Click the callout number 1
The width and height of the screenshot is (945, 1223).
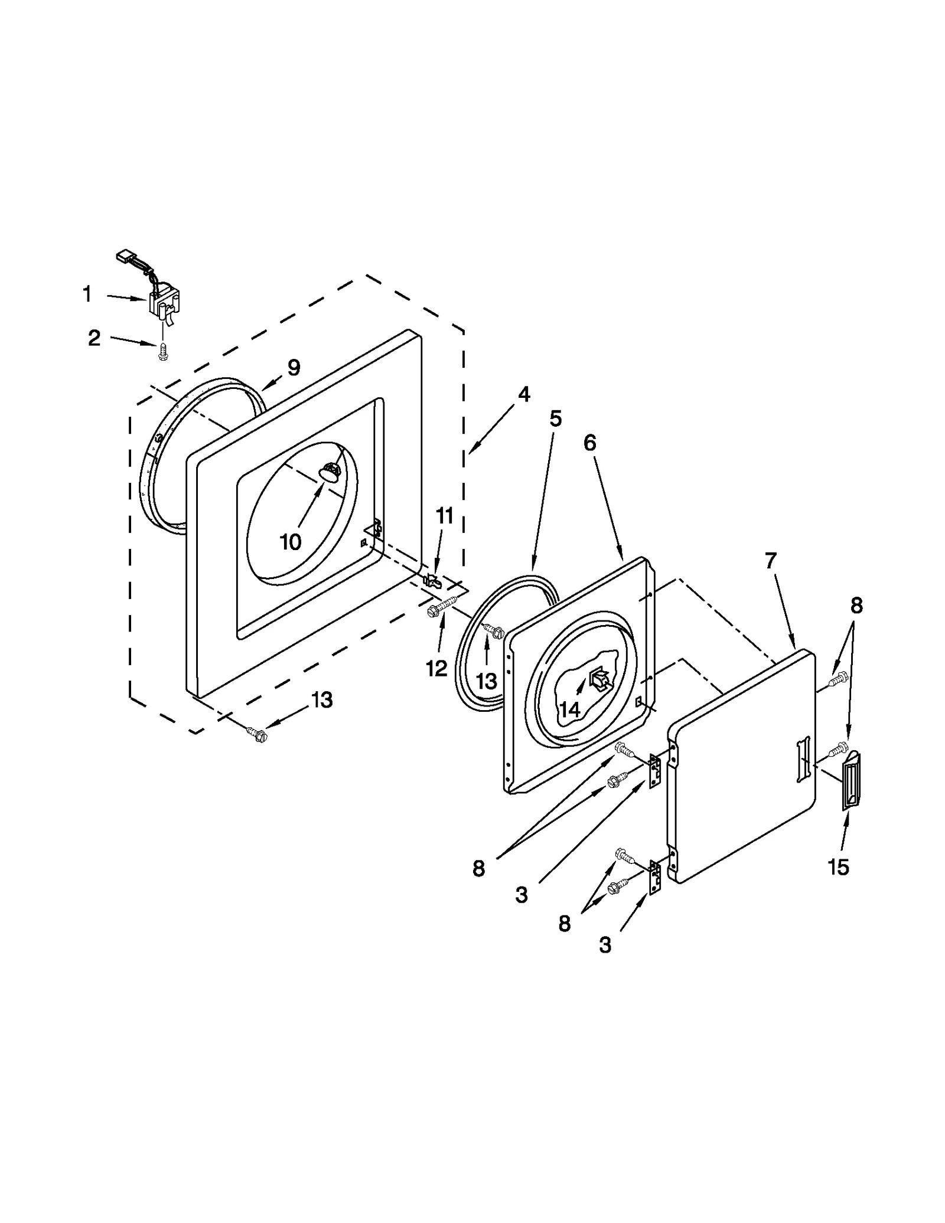(87, 294)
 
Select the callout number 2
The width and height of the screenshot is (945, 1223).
(94, 338)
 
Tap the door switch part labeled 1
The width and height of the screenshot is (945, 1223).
(164, 303)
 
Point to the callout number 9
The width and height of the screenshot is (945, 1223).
(294, 368)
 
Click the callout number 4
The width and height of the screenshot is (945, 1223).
(523, 394)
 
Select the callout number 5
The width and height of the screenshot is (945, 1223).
(555, 418)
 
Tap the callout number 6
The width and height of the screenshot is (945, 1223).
(590, 443)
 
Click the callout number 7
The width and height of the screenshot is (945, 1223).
(770, 560)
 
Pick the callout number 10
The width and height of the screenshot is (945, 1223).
(290, 541)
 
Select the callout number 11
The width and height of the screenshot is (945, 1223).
(444, 515)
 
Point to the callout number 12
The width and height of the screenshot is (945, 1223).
(437, 668)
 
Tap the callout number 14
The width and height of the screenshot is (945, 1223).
(569, 709)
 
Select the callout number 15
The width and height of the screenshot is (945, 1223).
(838, 866)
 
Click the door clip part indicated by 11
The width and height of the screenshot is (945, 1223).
(432, 579)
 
